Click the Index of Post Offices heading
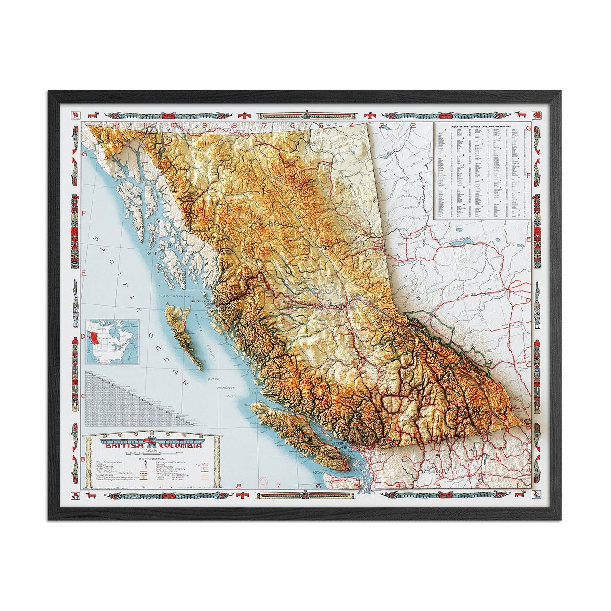(x=482, y=126)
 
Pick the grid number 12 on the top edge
(x=117, y=124)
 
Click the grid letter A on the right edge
(x=528, y=459)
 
